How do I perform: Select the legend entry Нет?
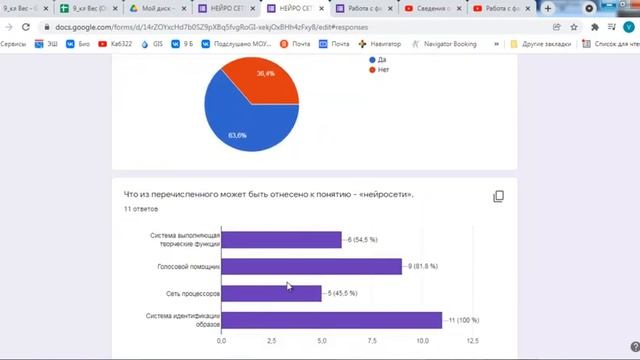[383, 71]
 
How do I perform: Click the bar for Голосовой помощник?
[310, 266]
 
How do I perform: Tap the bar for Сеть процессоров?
[270, 293]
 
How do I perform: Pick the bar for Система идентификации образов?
[330, 320]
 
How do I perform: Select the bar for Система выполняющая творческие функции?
[280, 239]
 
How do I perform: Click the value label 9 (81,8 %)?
[423, 266]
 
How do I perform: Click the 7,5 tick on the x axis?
[371, 342]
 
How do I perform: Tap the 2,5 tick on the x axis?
[271, 342]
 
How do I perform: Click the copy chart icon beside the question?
[498, 197]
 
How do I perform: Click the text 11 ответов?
[141, 210]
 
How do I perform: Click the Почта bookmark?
[339, 44]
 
